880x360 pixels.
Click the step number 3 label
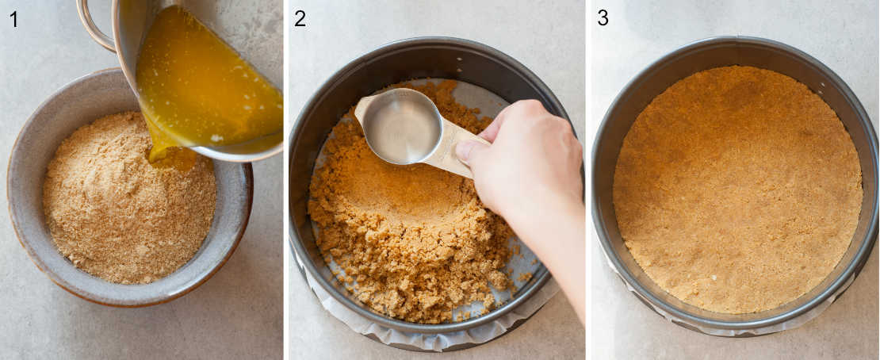(x=603, y=18)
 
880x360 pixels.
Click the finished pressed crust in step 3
(x=737, y=190)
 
